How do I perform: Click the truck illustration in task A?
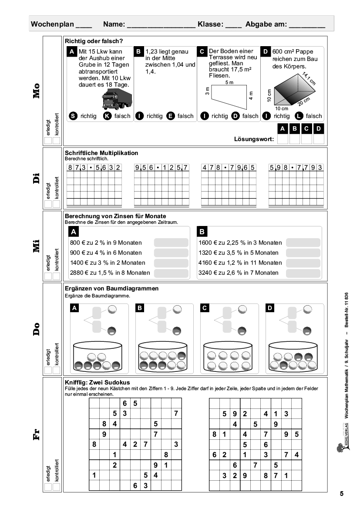116,98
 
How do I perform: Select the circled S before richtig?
74,116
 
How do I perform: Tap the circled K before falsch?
107,116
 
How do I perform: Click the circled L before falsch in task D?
299,116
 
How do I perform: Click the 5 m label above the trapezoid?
229,82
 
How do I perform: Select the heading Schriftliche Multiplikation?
101,153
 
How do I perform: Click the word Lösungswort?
254,139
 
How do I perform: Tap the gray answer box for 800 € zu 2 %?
171,243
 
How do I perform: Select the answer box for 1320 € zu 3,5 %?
303,253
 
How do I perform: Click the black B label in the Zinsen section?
202,232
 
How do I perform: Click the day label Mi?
36,246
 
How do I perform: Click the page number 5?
342,494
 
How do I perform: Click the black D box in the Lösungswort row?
319,128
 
